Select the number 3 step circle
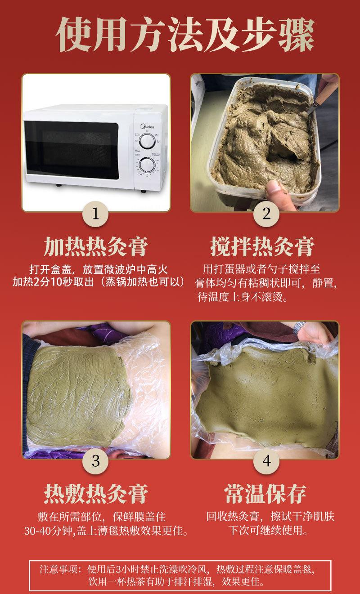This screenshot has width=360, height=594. [95, 460]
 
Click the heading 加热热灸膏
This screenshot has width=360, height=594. [95, 247]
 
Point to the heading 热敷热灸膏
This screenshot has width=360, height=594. [95, 493]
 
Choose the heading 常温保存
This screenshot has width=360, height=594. [265, 493]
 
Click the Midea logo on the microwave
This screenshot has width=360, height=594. [149, 127]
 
